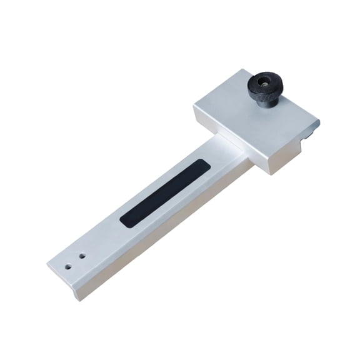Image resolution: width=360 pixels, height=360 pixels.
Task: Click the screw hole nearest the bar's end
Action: click(68, 264)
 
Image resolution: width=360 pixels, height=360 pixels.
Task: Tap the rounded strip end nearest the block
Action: click(202, 164)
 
